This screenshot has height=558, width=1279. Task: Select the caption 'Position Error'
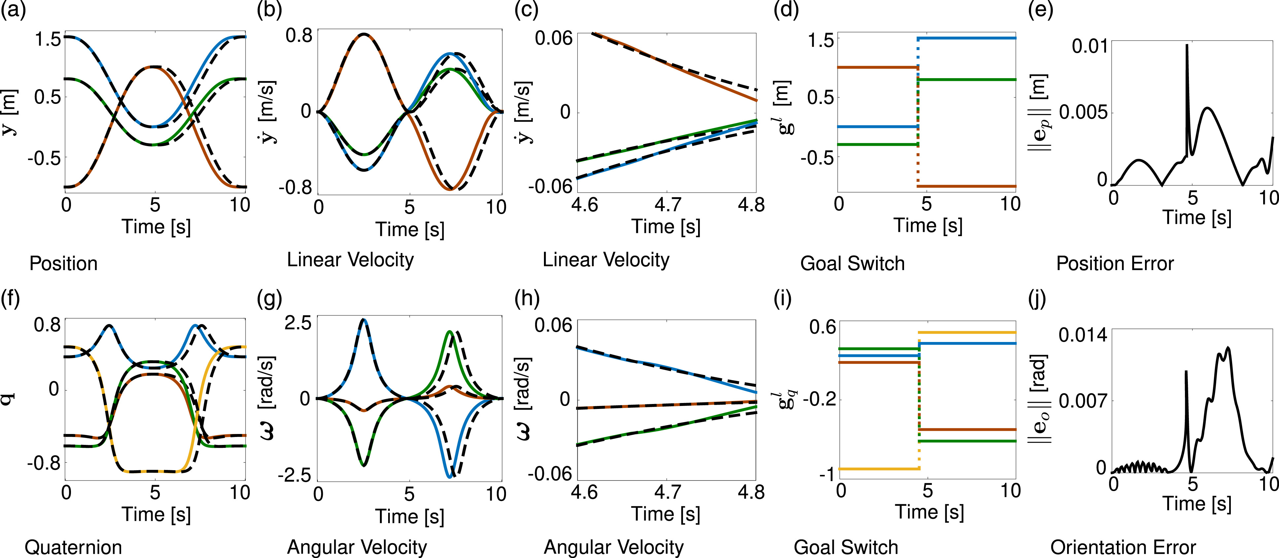tap(1115, 263)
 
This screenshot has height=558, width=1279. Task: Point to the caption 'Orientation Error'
tap(1123, 547)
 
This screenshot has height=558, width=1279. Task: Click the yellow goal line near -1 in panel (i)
tap(879, 469)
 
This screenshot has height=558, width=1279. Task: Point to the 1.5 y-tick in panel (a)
tap(48, 39)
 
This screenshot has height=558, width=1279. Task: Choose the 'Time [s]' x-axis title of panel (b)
tap(410, 229)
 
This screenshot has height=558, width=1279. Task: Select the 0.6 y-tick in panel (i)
tap(823, 327)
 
